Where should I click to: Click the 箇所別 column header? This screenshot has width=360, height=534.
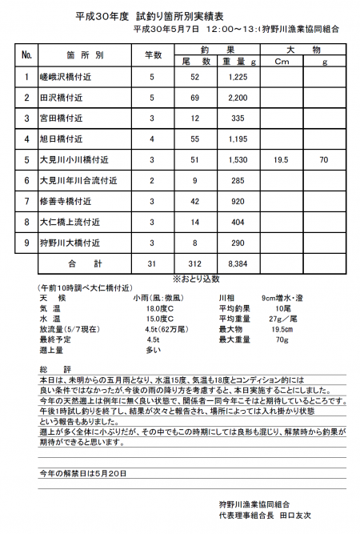tap(86, 55)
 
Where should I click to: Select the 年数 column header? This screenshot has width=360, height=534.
tap(152, 55)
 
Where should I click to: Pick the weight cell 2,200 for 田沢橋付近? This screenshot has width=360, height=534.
tap(236, 97)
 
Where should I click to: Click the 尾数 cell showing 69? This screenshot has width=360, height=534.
tap(194, 97)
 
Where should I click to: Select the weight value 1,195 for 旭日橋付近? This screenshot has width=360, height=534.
tap(236, 139)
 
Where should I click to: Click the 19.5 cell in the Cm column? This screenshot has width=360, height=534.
tap(281, 159)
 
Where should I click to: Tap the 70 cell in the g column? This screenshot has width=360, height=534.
tap(323, 159)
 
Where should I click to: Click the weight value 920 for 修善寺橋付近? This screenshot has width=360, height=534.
tap(237, 201)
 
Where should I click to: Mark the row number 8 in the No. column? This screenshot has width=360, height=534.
tap(26, 222)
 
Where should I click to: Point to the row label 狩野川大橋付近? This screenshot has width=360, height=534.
tap(70, 243)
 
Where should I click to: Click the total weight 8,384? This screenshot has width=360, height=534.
tap(238, 263)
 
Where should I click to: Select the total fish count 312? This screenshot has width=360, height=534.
tap(194, 263)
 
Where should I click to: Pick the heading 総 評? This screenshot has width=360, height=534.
tap(50, 368)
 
